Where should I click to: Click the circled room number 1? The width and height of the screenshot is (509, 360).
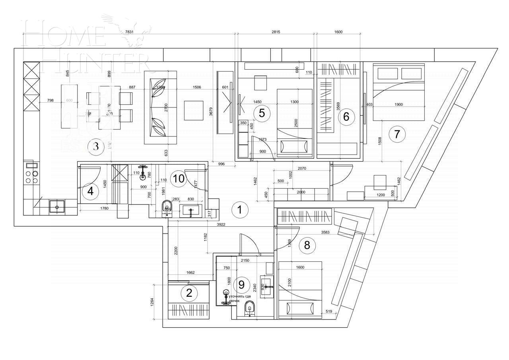point(239,210)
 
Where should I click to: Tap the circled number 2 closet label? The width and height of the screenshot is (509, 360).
point(189,293)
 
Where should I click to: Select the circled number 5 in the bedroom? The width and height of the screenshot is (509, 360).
point(262,113)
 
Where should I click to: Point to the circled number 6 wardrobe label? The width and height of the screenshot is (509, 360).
point(346,117)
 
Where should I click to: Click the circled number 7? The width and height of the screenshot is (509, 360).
point(396,134)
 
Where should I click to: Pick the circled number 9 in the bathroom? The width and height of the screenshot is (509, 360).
point(241,284)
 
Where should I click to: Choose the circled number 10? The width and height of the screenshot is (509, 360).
point(179,179)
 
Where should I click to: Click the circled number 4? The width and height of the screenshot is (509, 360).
point(90,191)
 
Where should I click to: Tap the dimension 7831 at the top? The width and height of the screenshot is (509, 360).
point(129,32)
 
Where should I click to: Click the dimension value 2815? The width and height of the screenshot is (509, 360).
point(276,32)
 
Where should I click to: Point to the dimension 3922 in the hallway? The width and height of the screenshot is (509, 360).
point(221,224)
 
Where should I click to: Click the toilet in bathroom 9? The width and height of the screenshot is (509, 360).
point(250,307)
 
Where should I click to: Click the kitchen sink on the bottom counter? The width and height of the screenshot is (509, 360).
point(57,207)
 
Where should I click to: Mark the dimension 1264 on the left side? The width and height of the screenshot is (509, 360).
point(152,302)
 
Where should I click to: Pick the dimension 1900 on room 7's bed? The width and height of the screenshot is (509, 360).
point(398,105)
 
